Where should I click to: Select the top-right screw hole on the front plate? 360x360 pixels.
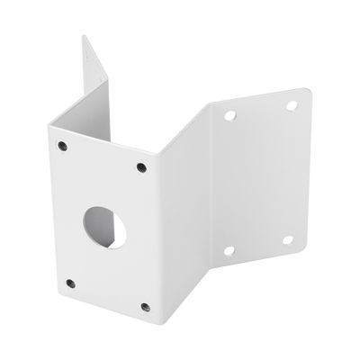(x=141, y=166)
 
